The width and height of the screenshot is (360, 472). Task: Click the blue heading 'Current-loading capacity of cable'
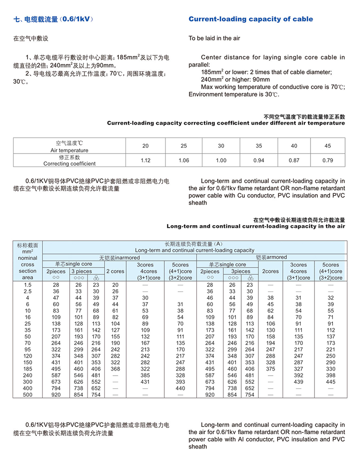251,19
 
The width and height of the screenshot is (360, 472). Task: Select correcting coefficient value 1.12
145,160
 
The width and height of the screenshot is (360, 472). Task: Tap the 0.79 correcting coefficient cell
328,160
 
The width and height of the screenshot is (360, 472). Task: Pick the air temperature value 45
328,146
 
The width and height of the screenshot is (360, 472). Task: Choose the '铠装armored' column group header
271,257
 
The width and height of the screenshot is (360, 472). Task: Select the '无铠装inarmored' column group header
119,257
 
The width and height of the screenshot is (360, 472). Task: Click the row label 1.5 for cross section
27,285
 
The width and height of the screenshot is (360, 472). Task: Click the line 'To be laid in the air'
214,38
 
